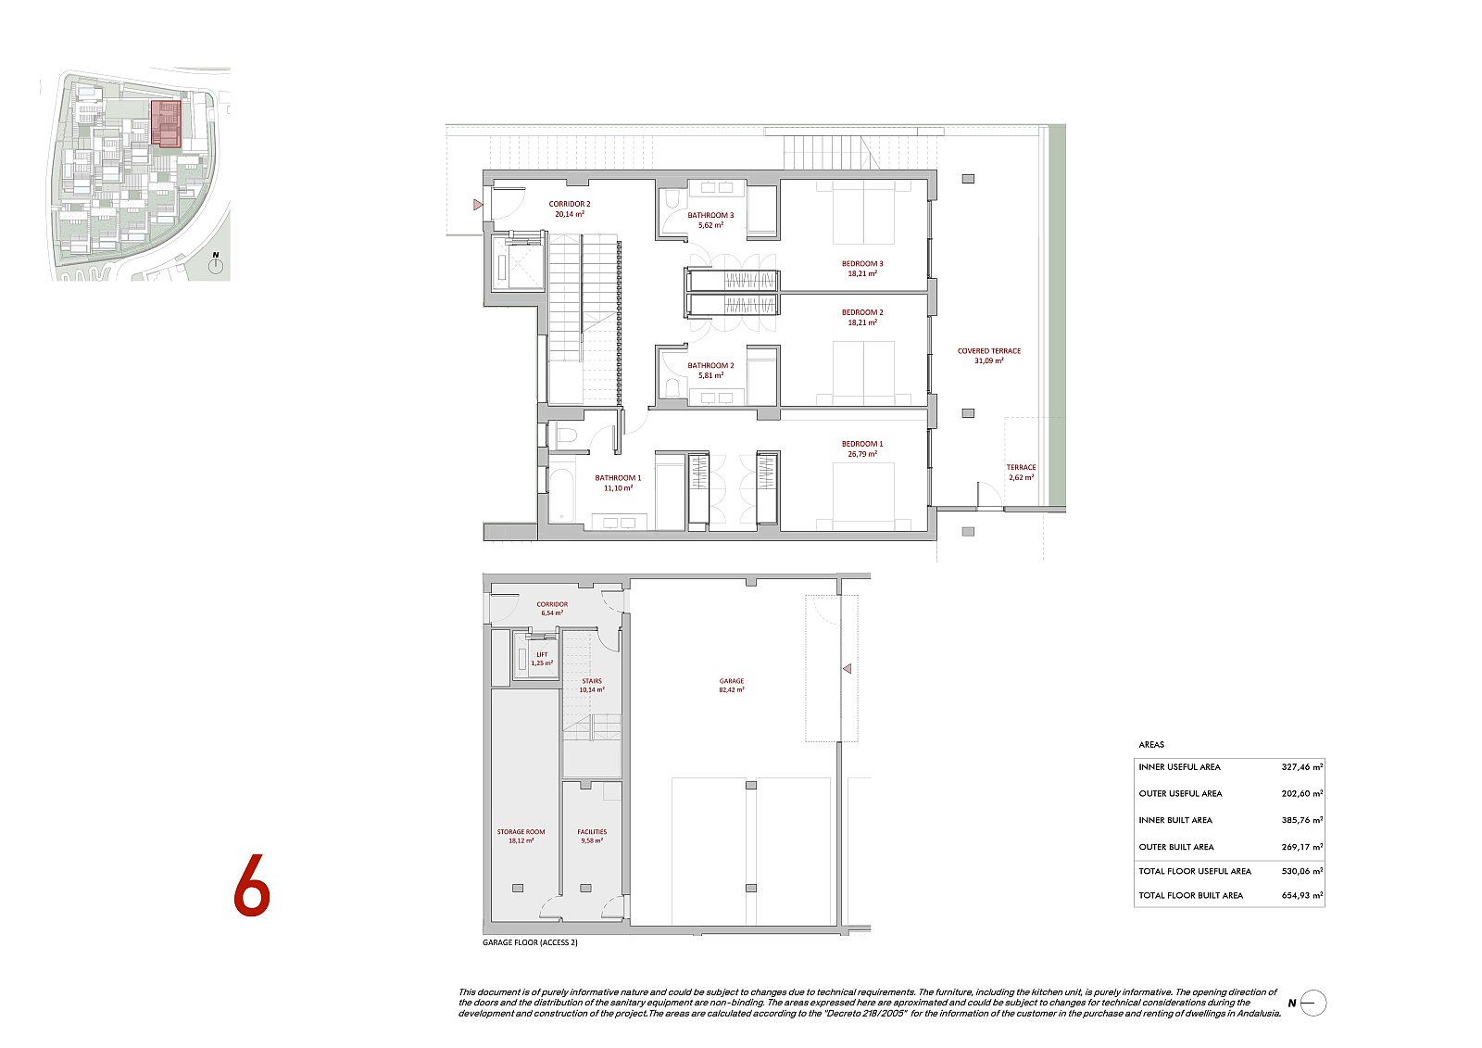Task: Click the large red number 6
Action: tap(252, 886)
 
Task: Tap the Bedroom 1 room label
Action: tap(862, 448)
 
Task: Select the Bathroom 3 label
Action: tap(710, 220)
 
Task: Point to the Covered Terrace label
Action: tap(989, 356)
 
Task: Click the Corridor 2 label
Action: tap(569, 208)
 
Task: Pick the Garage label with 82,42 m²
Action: tap(731, 685)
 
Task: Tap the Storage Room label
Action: tap(521, 836)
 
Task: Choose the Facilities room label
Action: tap(592, 836)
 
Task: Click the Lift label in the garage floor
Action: tap(542, 659)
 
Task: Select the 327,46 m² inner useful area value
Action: tap(1302, 766)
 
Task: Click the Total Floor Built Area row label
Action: tap(1191, 895)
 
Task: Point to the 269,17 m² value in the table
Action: tap(1302, 847)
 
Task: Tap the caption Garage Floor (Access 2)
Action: tap(530, 942)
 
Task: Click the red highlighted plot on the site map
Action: tap(166, 123)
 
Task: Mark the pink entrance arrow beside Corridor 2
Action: tap(478, 205)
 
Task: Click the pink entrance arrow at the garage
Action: tap(847, 669)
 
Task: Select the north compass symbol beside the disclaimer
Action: tap(1312, 1003)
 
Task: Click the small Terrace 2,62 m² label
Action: tap(1021, 472)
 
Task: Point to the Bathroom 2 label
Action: tap(710, 370)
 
